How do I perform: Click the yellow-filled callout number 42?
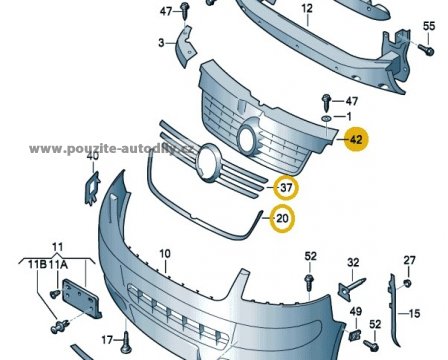356,139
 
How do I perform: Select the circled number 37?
286,188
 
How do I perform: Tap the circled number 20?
282,219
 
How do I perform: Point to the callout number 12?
307,8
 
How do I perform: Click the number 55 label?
429,26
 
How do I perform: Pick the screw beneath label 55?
426,50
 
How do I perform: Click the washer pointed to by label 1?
326,118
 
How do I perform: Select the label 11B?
37,265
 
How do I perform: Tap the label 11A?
58,265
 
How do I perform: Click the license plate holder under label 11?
82,299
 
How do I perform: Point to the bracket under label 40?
92,188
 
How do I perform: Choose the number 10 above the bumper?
165,254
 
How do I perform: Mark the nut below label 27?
407,283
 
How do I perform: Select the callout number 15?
415,313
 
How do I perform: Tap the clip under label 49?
355,335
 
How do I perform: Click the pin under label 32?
352,287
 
